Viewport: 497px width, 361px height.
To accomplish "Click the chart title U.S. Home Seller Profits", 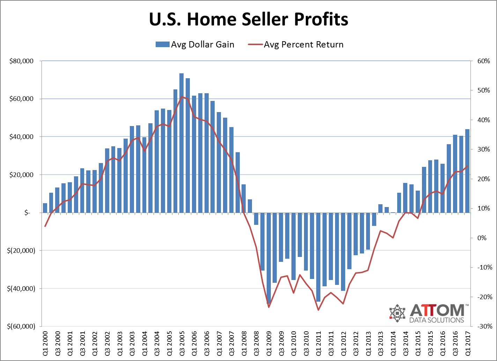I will tap(248, 19).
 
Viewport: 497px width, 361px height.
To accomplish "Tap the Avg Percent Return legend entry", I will tap(296, 45).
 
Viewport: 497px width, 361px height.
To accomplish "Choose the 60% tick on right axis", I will tap(483, 61).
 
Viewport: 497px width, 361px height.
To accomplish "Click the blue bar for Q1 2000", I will tap(45, 208).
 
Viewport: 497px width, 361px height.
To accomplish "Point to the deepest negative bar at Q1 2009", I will tap(268, 258).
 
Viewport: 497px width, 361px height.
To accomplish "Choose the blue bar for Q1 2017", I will tap(467, 171).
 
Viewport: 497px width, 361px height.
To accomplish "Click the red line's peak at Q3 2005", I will tap(181, 96).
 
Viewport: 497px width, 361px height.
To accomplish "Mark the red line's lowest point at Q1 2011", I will tap(318, 310).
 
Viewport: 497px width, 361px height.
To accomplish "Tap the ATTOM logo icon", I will tap(397, 313).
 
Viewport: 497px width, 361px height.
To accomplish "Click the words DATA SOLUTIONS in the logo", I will tap(437, 320).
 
